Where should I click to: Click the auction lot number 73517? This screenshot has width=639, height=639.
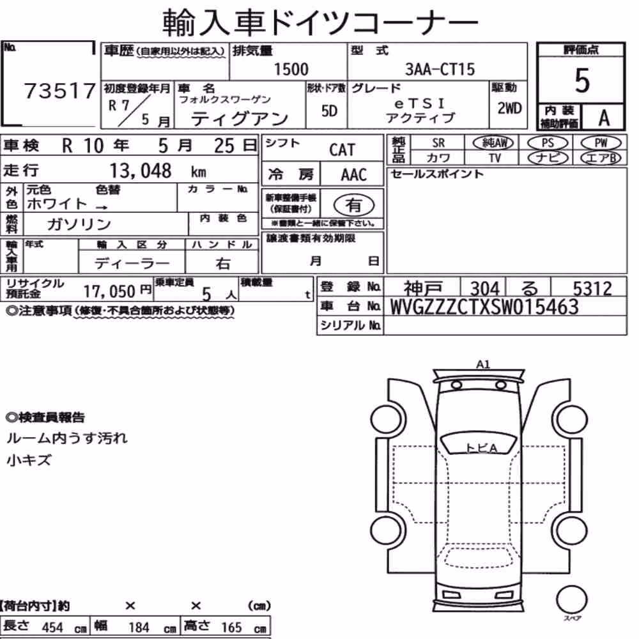[x=60, y=91]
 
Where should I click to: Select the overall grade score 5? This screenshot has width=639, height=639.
[x=582, y=81]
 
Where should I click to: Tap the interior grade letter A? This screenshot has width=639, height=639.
[x=604, y=118]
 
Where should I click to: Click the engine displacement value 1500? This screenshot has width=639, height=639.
[x=291, y=69]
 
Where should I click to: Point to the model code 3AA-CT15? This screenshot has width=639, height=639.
[x=440, y=69]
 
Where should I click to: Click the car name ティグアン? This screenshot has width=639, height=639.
[x=240, y=119]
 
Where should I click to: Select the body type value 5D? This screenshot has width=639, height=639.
[x=329, y=111]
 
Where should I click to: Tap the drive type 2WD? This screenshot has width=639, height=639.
[x=509, y=108]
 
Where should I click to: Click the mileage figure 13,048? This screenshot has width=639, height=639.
[x=141, y=171]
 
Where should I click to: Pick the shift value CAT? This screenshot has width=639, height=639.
[x=343, y=150]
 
